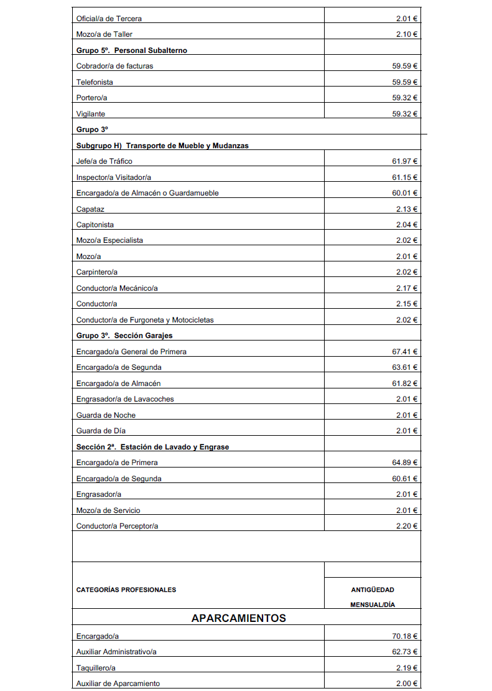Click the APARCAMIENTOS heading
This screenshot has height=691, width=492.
point(239,618)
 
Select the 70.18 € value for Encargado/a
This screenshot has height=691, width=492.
point(404,636)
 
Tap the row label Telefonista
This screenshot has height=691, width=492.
point(95,82)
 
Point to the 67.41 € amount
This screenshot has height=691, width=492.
point(404,352)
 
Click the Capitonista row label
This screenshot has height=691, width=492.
point(95,225)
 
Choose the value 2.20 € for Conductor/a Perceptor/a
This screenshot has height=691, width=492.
point(407,526)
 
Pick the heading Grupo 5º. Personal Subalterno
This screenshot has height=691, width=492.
point(131,50)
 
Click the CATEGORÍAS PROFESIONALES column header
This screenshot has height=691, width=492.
point(126,590)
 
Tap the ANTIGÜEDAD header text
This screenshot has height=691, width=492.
point(373,590)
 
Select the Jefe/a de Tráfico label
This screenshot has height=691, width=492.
point(104,161)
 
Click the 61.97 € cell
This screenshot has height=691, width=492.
point(404,161)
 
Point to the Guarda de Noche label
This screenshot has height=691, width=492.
point(106,415)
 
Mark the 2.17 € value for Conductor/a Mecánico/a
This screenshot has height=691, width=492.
point(407,288)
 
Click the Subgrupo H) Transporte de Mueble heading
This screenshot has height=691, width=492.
point(162,146)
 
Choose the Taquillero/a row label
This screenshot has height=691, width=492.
point(96,668)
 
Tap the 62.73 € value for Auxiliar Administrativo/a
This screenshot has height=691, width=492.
point(404,652)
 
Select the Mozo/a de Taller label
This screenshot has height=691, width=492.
point(104,34)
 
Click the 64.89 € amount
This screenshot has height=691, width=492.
point(404,463)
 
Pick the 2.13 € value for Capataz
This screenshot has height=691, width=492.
point(407,209)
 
